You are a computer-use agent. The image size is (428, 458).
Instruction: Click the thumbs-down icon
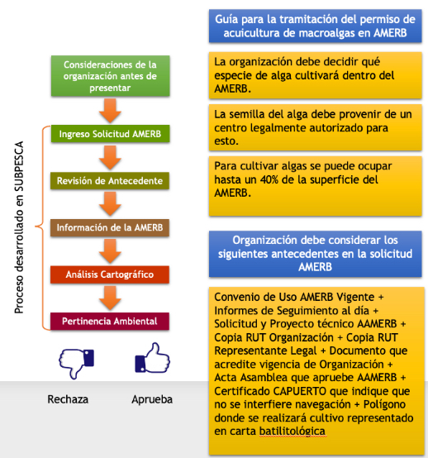pyautogui.click(x=76, y=362)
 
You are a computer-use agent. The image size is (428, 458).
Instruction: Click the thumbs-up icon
pyautogui.click(x=152, y=358)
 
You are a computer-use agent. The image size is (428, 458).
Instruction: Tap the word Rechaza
pyautogui.click(x=68, y=399)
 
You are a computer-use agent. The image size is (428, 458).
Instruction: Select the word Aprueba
pyautogui.click(x=152, y=399)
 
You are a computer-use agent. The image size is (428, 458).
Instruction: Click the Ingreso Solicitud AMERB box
pyautogui.click(x=110, y=134)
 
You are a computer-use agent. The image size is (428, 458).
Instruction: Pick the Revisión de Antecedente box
pyautogui.click(x=110, y=181)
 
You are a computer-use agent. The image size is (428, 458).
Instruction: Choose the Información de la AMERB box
pyautogui.click(x=110, y=227)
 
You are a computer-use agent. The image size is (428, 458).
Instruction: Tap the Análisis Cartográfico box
pyautogui.click(x=110, y=274)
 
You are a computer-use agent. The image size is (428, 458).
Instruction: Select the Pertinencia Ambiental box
pyautogui.click(x=110, y=322)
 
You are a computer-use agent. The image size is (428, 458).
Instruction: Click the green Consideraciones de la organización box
pyautogui.click(x=111, y=76)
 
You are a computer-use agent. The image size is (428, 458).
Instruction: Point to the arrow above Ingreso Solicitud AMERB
pyautogui.click(x=110, y=111)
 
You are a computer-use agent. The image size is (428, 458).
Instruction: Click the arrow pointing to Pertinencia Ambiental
pyautogui.click(x=110, y=298)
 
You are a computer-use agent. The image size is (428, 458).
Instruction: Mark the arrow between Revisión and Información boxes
pyautogui.click(x=110, y=204)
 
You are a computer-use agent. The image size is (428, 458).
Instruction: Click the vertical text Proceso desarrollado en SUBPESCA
pyautogui.click(x=19, y=227)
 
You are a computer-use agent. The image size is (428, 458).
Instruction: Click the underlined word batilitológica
pyautogui.click(x=292, y=431)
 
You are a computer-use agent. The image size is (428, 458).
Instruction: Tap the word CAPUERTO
pyautogui.click(x=300, y=391)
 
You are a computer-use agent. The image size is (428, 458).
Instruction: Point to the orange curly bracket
pyautogui.click(x=43, y=227)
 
